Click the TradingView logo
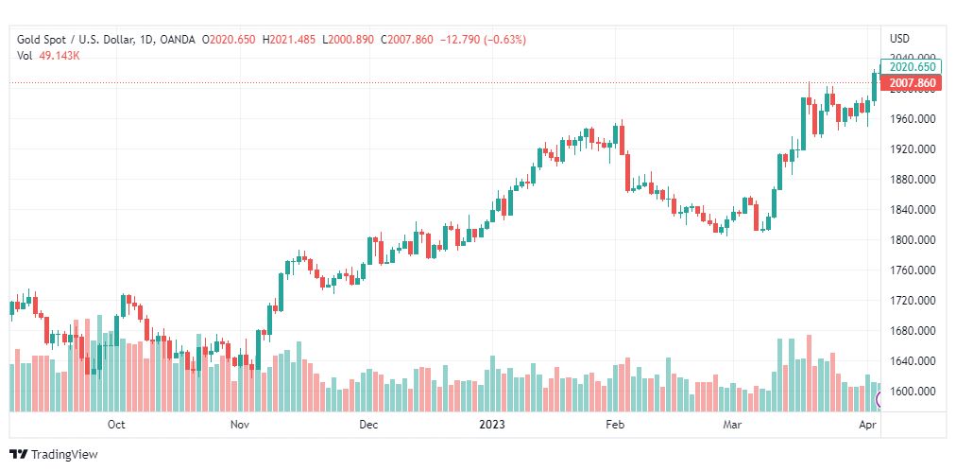(x=54, y=455)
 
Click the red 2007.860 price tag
(x=912, y=83)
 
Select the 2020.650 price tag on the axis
(x=912, y=67)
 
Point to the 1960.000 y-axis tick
(x=913, y=119)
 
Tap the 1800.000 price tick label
(x=913, y=240)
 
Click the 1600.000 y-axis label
(x=913, y=392)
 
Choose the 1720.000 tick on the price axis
(x=913, y=301)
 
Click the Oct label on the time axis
(x=116, y=425)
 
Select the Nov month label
(x=240, y=425)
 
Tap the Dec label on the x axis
(x=368, y=425)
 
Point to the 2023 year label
(x=492, y=425)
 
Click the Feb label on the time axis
(x=615, y=425)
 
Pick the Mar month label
(x=732, y=425)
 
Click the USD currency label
(x=899, y=39)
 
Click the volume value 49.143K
(x=60, y=56)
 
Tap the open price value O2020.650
(x=229, y=40)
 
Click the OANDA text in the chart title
(x=178, y=40)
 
